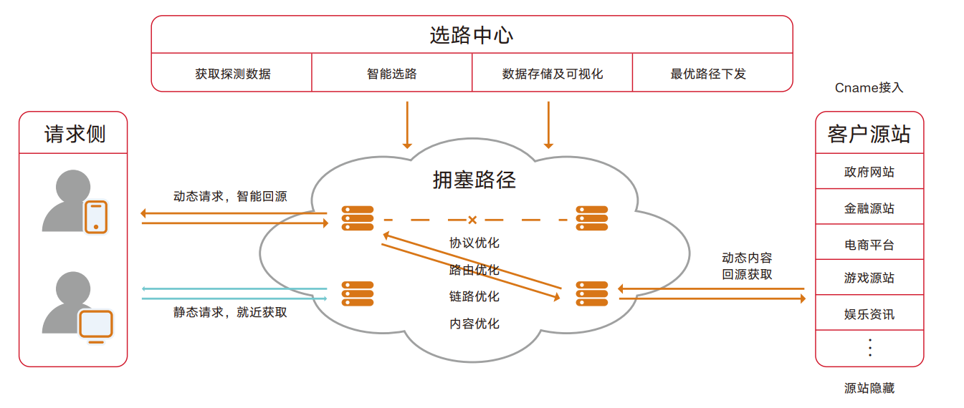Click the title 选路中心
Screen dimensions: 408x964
point(472,35)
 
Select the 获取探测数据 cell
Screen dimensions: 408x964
point(232,74)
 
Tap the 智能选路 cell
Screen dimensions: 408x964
point(392,74)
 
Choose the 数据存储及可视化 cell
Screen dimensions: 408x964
point(553,74)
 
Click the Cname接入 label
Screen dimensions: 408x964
point(869,88)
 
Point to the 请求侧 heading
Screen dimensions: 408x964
point(73,134)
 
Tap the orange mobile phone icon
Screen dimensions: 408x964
point(96,217)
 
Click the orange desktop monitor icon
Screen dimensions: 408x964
point(96,326)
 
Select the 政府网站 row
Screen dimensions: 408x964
point(869,172)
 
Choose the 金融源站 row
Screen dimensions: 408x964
point(869,208)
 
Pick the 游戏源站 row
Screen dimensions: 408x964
point(869,278)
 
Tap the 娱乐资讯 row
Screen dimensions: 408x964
point(869,314)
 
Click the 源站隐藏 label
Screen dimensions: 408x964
point(869,389)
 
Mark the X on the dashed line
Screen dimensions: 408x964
point(472,220)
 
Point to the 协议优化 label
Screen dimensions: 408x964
point(474,243)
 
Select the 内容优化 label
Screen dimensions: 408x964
point(474,324)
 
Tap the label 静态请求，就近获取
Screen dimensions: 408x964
point(230,312)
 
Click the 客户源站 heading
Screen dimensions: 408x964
point(869,134)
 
